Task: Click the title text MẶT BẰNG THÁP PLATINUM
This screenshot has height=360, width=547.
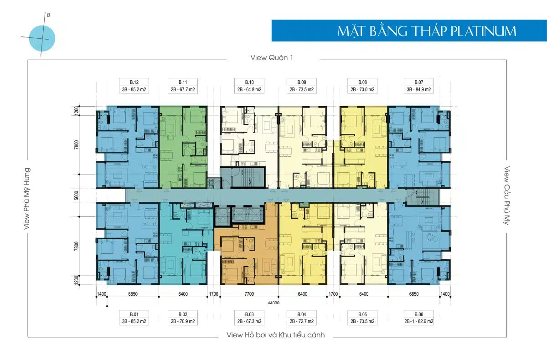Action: (427, 31)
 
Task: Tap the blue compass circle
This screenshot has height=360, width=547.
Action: (42, 38)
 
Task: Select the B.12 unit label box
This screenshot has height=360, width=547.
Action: (134, 86)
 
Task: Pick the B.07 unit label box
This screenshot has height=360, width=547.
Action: (419, 86)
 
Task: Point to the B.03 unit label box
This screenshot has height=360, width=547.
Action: (249, 318)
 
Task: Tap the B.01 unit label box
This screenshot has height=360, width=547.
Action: (134, 318)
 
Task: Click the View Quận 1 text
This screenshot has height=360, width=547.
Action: (272, 58)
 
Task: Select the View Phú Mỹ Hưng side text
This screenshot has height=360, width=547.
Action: (26, 199)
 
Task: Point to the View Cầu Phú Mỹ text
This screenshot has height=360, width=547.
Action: (507, 195)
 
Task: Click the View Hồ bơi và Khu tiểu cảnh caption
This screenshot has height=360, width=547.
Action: (275, 335)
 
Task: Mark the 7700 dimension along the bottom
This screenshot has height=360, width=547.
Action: (249, 294)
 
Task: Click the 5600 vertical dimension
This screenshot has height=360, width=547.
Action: (77, 195)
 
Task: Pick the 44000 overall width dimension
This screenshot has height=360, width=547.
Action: (273, 303)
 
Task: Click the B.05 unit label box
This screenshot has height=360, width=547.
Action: (362, 318)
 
